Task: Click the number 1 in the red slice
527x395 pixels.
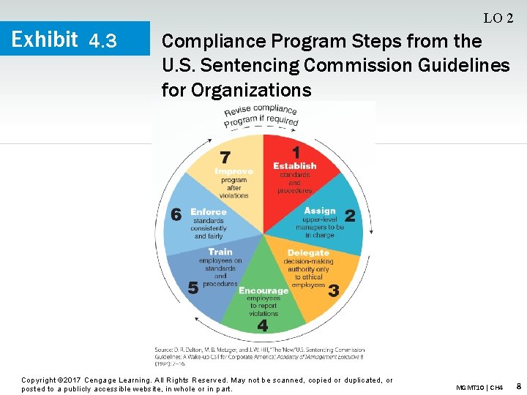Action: pos(296,152)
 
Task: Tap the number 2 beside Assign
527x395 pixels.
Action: pos(350,216)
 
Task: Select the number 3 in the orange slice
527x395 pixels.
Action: pos(333,290)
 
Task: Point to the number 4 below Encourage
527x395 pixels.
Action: pos(262,325)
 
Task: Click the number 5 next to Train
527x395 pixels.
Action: pos(193,287)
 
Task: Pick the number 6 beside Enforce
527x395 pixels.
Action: pos(176,214)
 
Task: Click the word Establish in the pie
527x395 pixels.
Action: pos(294,166)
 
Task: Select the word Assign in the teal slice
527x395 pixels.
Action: pos(320,211)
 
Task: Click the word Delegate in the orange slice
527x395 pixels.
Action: pos(308,253)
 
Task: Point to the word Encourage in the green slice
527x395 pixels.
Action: pos(263,290)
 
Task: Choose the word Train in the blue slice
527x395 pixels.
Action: pos(220,252)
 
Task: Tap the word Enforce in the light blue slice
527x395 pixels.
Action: pos(209,212)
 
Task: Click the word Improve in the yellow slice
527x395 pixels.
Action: pos(233,171)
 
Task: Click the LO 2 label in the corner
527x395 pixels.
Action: pos(498,18)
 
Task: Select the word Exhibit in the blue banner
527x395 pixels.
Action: pos(45,39)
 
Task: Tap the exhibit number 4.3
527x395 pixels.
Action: pos(102,41)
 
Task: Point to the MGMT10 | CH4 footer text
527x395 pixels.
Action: pos(479,386)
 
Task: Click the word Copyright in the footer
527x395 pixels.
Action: pos(40,380)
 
